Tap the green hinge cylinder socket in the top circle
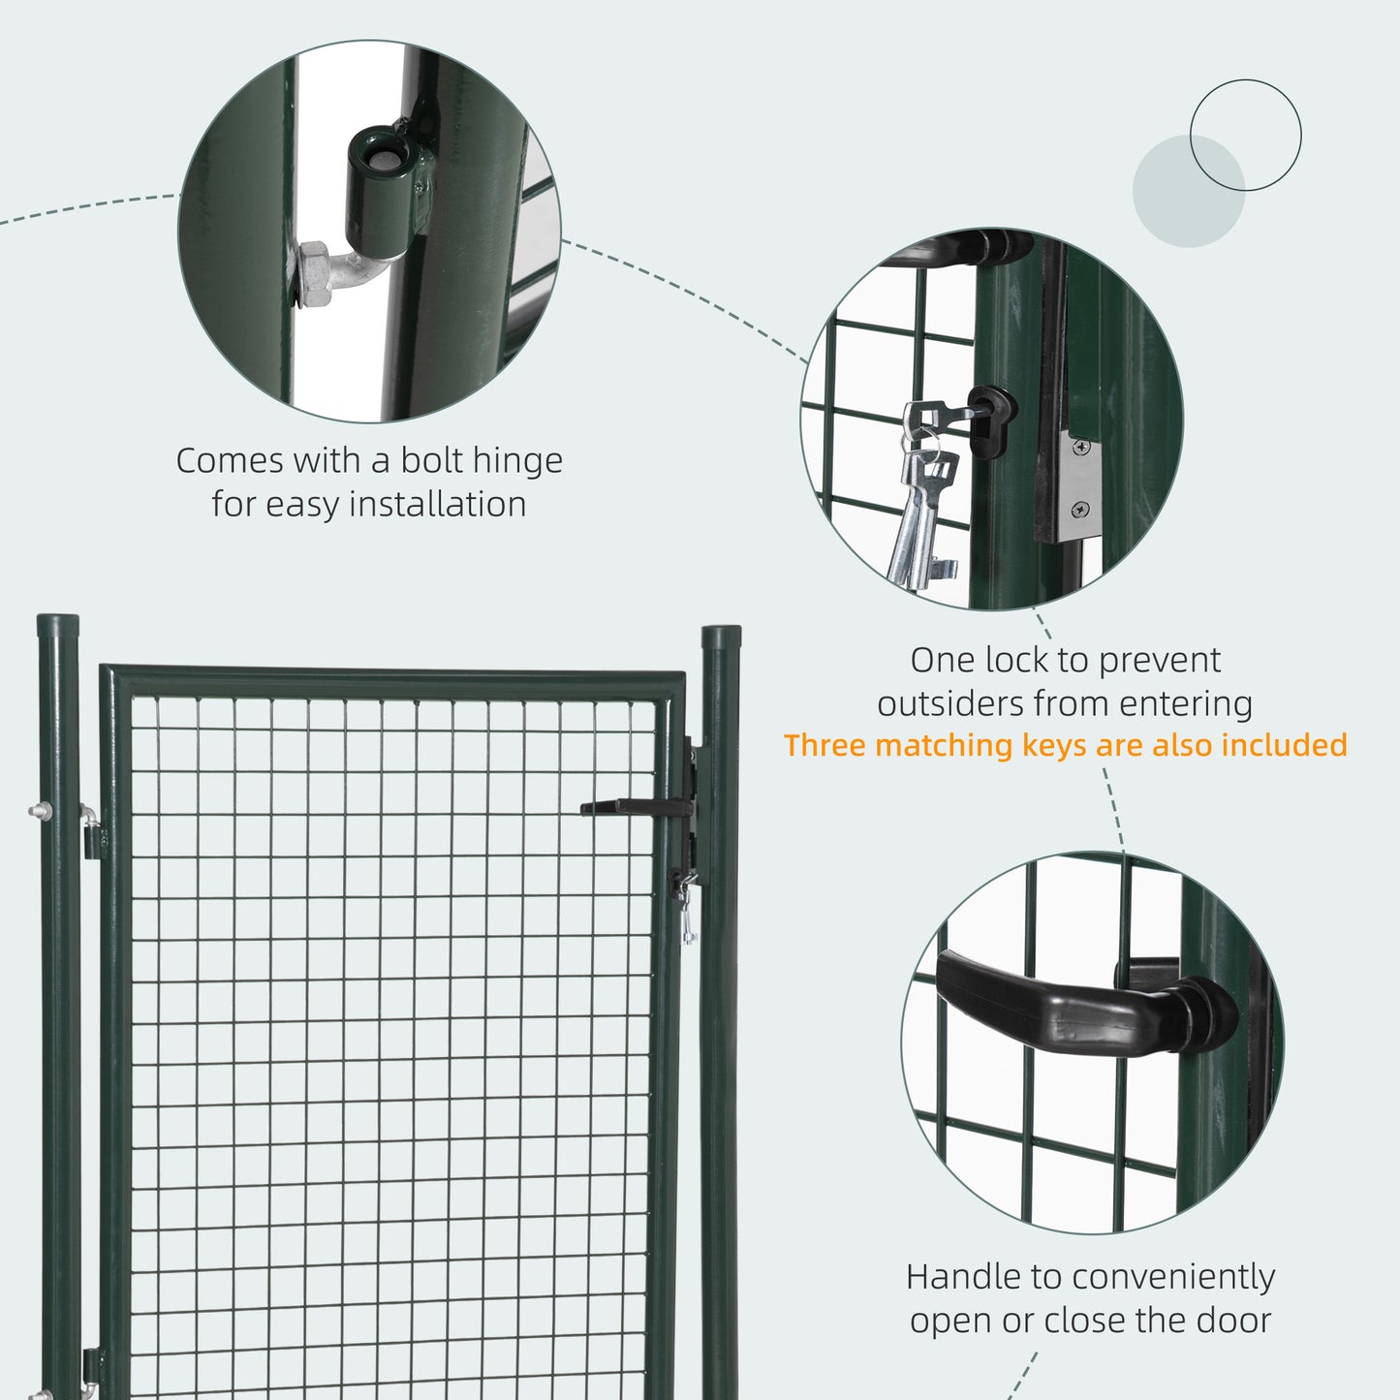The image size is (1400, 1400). tap(381, 194)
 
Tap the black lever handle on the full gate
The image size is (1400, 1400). tap(635, 806)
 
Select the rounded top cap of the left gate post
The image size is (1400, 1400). tap(58, 625)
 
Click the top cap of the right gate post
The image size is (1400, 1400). tap(720, 637)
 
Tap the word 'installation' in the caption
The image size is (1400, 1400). tap(437, 505)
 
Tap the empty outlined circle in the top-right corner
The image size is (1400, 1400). tap(1245, 135)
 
